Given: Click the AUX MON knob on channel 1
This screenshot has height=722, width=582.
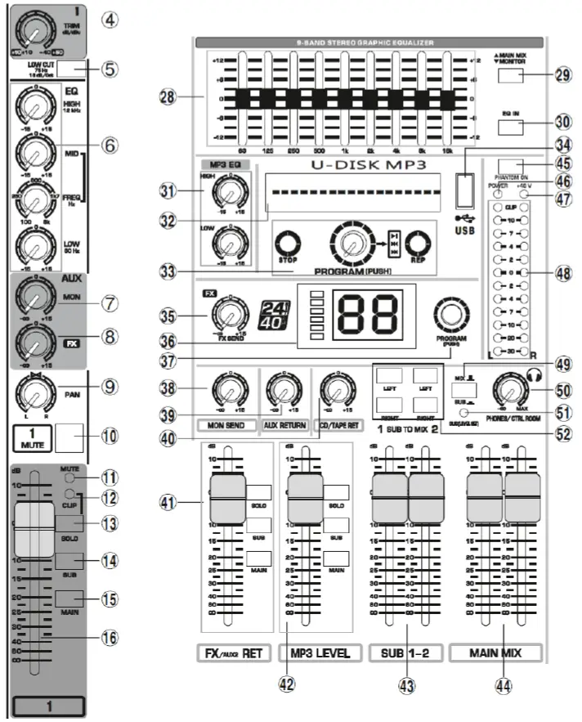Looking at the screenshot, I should tap(32, 295).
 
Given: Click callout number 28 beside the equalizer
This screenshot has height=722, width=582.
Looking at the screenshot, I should tap(168, 96).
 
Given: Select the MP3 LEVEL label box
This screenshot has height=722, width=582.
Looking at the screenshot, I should tap(319, 653).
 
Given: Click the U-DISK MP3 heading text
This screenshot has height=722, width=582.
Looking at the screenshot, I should tap(353, 164).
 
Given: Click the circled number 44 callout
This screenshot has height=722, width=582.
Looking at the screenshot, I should tap(504, 687).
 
